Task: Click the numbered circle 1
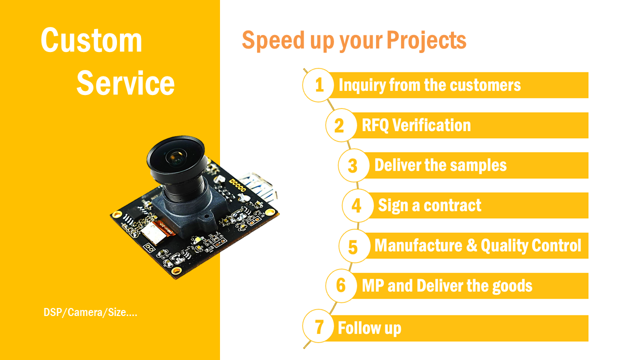318,85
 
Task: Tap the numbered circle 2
341,125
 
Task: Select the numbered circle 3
354,165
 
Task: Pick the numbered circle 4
357,205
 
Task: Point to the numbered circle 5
354,245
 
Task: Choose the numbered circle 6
341,285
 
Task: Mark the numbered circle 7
318,326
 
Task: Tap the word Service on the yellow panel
125,83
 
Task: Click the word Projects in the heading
426,40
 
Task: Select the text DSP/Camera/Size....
85,312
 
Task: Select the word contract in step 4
452,205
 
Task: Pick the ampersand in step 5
471,245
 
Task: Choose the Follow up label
369,328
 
